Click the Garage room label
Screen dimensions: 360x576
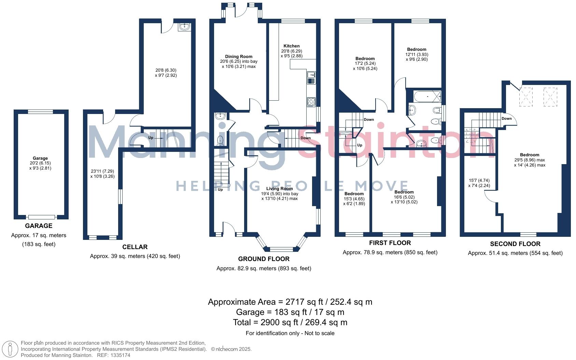click(40, 158)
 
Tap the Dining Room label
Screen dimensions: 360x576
click(239, 57)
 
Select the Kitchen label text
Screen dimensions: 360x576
click(291, 46)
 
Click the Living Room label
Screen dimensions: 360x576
click(279, 189)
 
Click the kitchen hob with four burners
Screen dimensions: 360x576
click(311, 102)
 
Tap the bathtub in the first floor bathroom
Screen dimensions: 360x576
click(427, 97)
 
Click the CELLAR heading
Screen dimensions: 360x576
click(135, 247)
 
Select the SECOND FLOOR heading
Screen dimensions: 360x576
click(515, 244)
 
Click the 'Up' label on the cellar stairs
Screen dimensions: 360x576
click(151, 138)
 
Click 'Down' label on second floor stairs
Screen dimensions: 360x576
click(506, 119)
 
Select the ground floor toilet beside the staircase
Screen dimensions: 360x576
click(221, 140)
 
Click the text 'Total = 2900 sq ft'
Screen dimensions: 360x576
click(266, 322)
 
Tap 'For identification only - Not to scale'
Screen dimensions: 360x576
click(290, 333)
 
